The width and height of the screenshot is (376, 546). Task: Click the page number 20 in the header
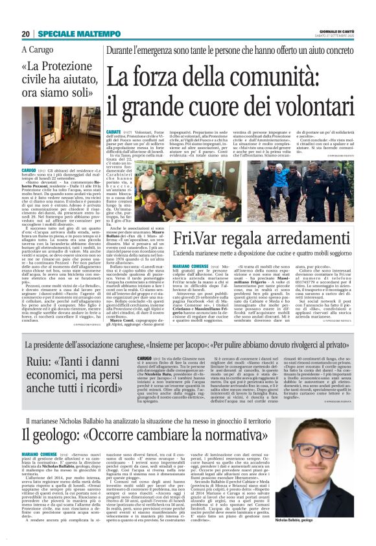tap(26, 34)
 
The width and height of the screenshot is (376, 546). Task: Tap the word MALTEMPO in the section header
tap(91, 34)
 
